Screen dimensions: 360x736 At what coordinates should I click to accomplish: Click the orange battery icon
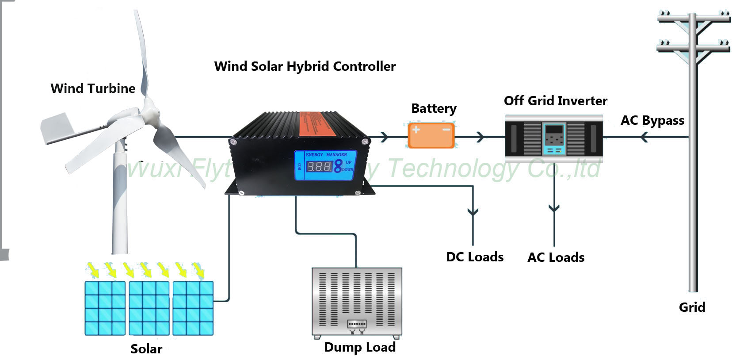(x=431, y=135)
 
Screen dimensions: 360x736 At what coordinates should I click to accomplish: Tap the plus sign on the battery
(x=416, y=130)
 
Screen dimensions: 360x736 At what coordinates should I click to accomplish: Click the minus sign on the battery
(x=446, y=130)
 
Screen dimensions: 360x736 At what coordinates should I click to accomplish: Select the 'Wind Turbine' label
(x=93, y=88)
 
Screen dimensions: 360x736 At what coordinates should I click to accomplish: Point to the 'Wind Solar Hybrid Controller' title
(x=305, y=66)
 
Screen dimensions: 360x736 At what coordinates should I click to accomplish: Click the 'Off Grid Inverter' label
(x=555, y=101)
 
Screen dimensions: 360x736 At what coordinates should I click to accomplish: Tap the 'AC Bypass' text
(x=652, y=120)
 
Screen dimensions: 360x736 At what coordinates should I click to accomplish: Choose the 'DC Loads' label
(x=475, y=257)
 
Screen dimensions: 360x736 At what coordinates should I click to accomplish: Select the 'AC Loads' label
(x=556, y=257)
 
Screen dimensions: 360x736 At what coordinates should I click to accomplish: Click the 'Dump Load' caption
(x=360, y=347)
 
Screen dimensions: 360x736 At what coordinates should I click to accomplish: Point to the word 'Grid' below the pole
(x=692, y=307)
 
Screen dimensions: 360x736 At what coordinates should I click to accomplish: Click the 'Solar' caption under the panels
(x=146, y=349)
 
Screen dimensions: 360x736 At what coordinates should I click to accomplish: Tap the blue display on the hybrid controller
(x=326, y=165)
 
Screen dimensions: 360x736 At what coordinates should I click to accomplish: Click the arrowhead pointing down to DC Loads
(x=473, y=212)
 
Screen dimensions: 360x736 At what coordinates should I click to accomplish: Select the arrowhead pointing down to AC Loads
(x=554, y=208)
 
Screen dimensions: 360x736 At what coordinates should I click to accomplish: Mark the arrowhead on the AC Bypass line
(x=644, y=138)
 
